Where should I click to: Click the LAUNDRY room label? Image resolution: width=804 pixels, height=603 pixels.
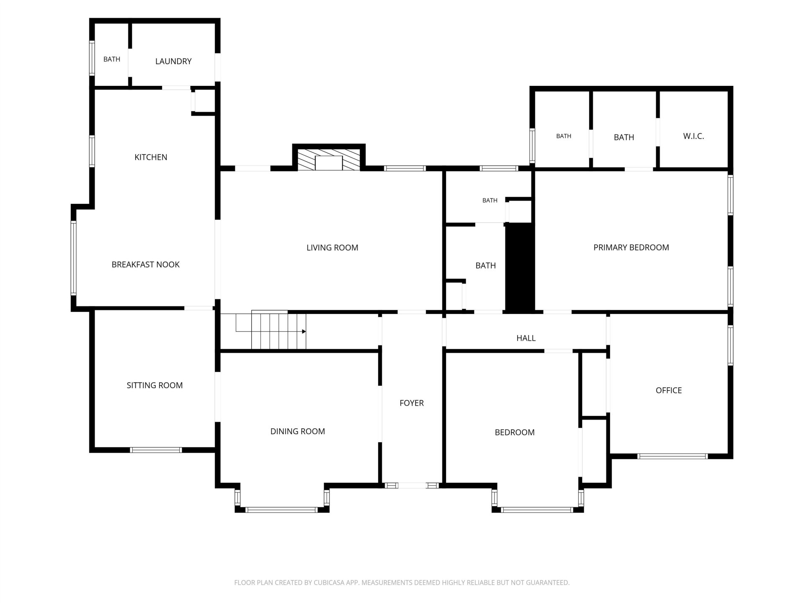(173, 61)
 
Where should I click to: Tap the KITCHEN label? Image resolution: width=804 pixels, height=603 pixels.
(151, 157)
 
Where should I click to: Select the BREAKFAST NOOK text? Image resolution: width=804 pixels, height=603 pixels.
(145, 264)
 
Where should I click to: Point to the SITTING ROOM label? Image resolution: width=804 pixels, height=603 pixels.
(155, 385)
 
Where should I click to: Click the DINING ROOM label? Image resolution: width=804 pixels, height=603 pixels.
(297, 431)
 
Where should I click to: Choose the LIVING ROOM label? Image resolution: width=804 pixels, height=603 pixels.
(332, 247)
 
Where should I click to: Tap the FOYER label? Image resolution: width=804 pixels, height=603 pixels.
(412, 403)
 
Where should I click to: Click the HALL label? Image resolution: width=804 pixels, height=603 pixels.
(526, 338)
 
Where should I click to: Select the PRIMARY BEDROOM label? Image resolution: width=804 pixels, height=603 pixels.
(631, 247)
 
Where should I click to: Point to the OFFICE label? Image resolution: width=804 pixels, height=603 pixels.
(669, 390)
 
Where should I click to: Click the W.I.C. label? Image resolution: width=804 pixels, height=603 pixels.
(693, 136)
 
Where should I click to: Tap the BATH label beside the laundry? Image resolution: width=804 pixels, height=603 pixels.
(112, 59)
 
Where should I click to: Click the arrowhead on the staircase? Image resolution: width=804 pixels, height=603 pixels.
(304, 332)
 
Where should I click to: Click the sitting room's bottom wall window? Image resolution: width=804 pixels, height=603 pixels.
(156, 450)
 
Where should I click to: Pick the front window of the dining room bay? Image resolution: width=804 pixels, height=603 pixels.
(281, 510)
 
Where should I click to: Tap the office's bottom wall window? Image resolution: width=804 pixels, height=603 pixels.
(673, 456)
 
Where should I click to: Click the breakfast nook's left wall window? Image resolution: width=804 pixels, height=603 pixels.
(74, 258)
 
